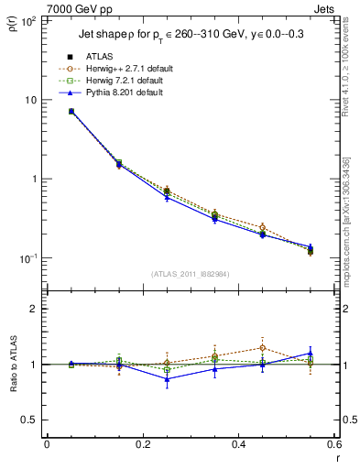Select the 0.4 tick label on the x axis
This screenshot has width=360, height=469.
click(238, 444)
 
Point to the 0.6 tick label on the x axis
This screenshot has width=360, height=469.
click(333, 444)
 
